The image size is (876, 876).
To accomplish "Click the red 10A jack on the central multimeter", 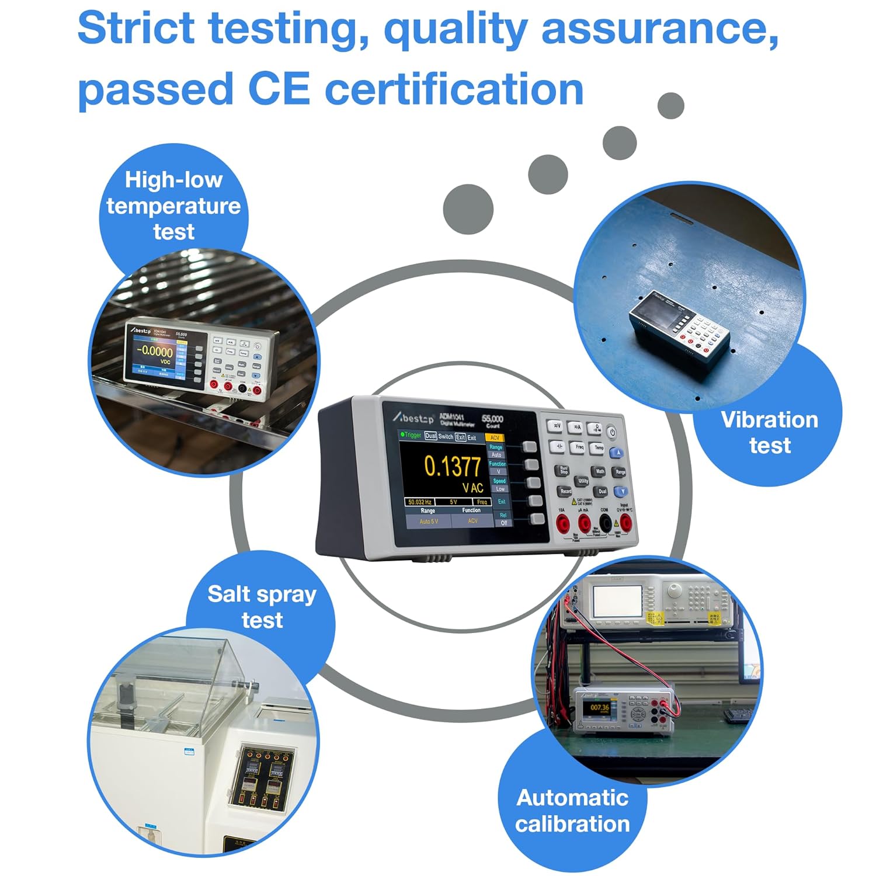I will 562,523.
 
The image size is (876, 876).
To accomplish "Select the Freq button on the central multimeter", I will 578,447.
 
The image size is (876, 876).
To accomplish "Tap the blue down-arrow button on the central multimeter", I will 621,492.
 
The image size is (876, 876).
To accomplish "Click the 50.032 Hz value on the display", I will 420,502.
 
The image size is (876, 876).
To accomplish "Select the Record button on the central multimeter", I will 565,491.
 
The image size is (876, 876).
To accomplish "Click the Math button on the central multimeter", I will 600,471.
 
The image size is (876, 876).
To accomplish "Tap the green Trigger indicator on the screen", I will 411,435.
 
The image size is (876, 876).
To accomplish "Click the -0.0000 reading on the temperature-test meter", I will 155,352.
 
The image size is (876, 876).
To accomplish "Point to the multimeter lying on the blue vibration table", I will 679,327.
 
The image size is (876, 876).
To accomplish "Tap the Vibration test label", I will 769,432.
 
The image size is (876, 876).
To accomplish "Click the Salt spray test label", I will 262,607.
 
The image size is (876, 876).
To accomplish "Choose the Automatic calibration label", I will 572,811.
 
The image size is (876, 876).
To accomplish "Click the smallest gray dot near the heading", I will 670,106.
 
